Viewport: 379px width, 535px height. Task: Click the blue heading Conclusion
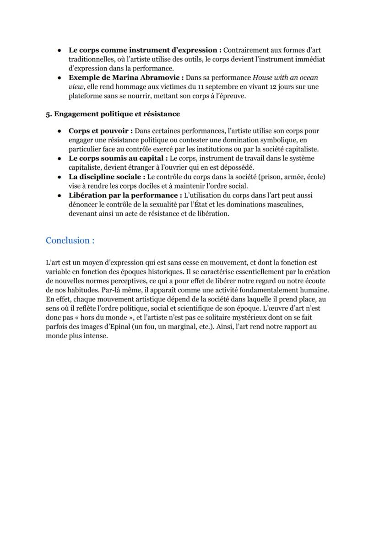70,240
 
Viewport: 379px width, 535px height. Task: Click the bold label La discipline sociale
107,177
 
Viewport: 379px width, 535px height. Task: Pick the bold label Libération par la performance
122,195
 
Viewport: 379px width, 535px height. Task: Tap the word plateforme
86,96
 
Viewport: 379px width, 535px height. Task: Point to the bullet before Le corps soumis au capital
60,158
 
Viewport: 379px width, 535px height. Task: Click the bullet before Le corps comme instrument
60,50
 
